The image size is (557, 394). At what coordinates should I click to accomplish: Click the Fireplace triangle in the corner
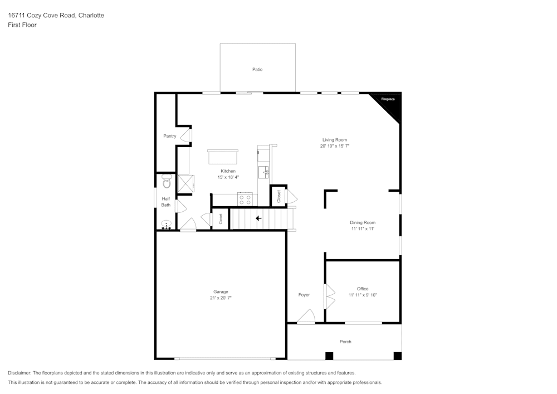pyautogui.click(x=390, y=103)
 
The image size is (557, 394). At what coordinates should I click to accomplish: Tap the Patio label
pyautogui.click(x=257, y=70)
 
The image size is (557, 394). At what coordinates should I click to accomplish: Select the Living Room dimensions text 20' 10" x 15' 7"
pyautogui.click(x=334, y=146)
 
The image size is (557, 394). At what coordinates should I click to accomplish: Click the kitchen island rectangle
pyautogui.click(x=223, y=157)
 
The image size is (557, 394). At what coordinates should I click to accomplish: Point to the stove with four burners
pyautogui.click(x=245, y=199)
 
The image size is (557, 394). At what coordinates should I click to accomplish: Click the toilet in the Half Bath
pyautogui.click(x=166, y=182)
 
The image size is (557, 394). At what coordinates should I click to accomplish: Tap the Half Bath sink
pyautogui.click(x=166, y=225)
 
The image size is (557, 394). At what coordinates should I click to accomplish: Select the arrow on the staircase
pyautogui.click(x=258, y=218)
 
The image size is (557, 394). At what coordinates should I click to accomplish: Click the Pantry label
pyautogui.click(x=170, y=136)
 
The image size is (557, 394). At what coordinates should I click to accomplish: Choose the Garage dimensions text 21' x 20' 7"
pyautogui.click(x=221, y=298)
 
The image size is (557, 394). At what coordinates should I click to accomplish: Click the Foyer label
pyautogui.click(x=304, y=295)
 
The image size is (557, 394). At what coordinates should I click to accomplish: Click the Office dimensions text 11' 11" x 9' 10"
pyautogui.click(x=363, y=295)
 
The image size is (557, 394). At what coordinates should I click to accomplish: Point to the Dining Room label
pyautogui.click(x=363, y=222)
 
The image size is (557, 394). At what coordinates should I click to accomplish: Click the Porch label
pyautogui.click(x=345, y=342)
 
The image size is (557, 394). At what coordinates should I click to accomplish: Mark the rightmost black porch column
pyautogui.click(x=397, y=356)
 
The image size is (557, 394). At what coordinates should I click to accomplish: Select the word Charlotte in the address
pyautogui.click(x=91, y=16)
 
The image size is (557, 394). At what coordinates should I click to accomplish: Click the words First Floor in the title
pyautogui.click(x=22, y=25)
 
